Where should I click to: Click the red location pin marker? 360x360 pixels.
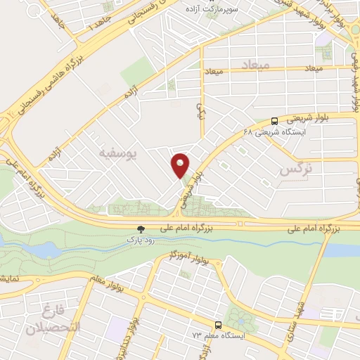pyautogui.click(x=181, y=165)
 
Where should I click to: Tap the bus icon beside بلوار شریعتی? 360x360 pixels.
pyautogui.click(x=274, y=120)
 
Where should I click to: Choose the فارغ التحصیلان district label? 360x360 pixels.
pyautogui.click(x=53, y=319)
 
